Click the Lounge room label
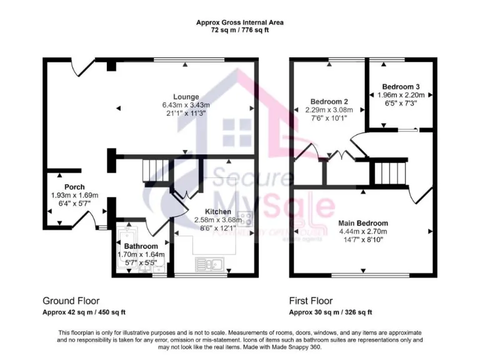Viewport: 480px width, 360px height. click(186, 97)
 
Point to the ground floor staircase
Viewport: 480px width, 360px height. click(156, 171)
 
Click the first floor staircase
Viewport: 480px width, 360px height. click(389, 172)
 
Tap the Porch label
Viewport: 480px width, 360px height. click(74, 187)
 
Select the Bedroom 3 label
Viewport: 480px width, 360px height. click(401, 86)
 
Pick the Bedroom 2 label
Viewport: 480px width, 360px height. click(329, 101)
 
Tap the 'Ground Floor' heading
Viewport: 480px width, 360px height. click(71, 301)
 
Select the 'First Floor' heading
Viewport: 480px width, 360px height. click(311, 301)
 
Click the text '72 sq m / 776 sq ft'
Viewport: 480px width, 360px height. click(240, 30)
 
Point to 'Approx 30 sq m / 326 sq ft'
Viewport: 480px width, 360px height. click(330, 312)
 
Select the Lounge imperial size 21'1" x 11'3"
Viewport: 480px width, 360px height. click(186, 114)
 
